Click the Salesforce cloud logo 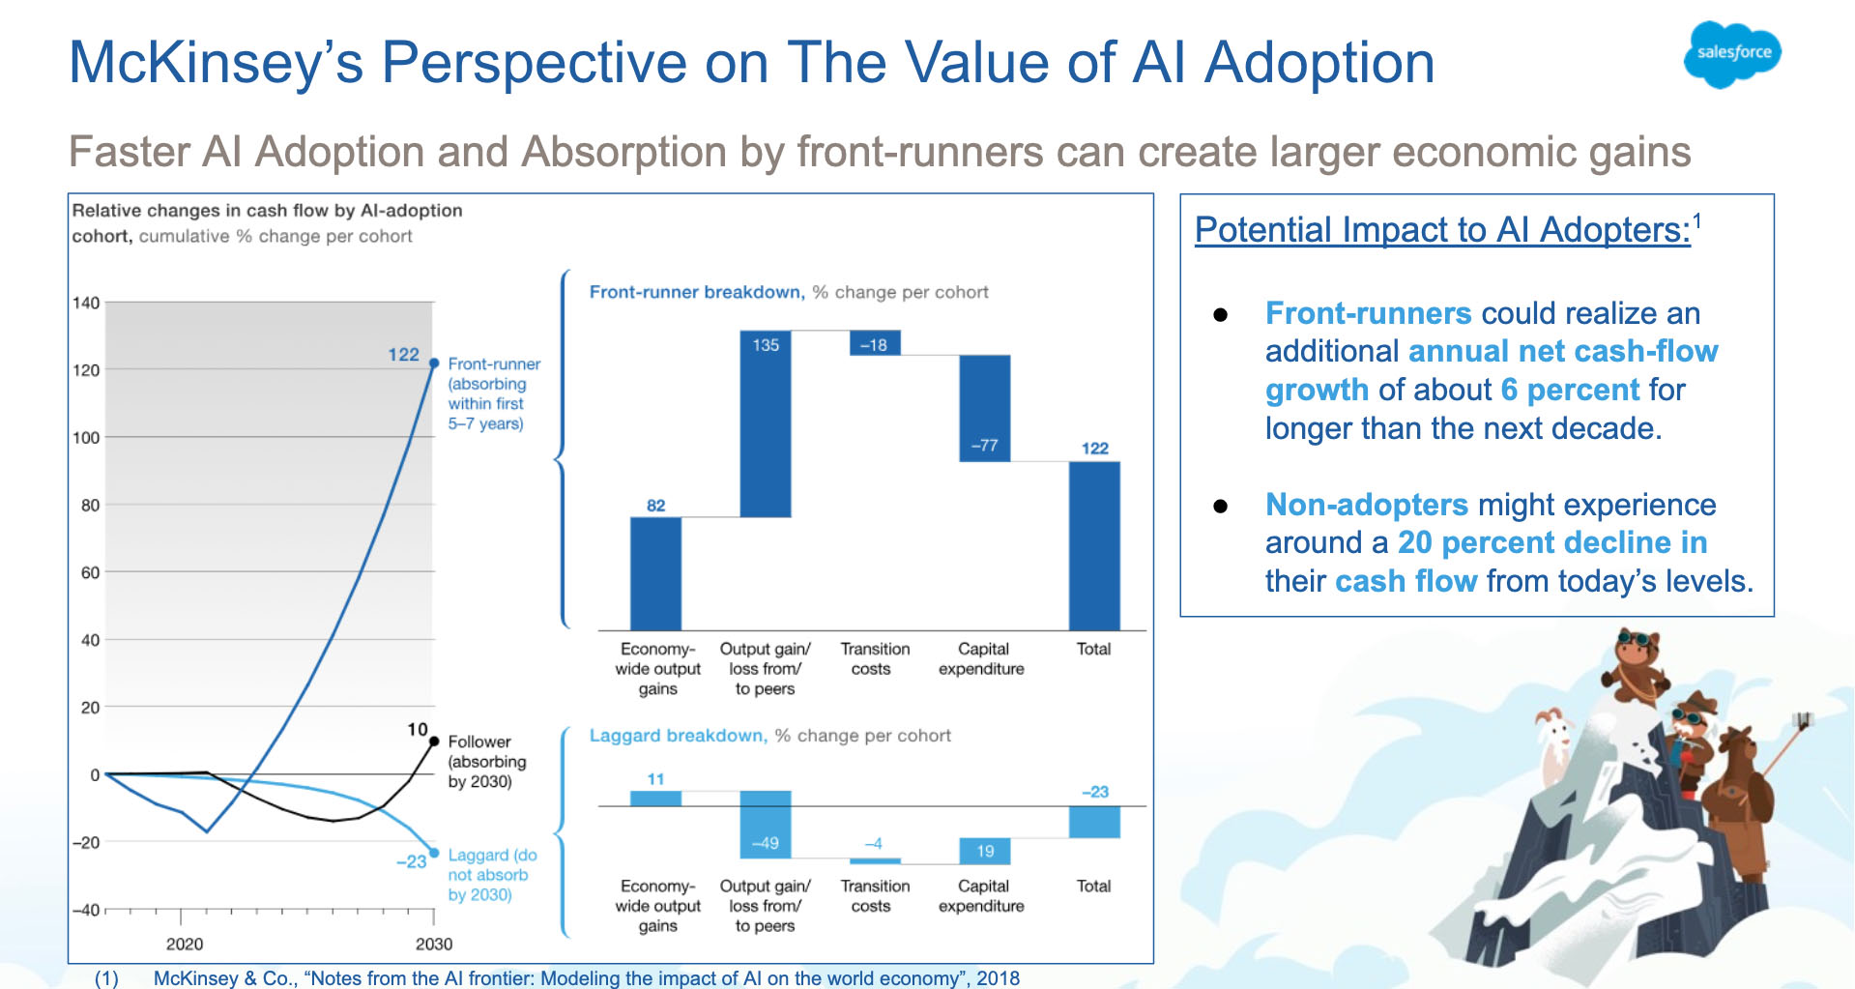pos(1733,54)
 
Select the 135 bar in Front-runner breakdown pos(766,425)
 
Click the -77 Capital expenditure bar pos(984,408)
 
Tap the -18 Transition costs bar pos(875,343)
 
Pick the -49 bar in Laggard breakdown pos(766,824)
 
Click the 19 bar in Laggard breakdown pos(984,851)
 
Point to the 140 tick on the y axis pos(86,303)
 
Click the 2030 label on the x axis pos(434,944)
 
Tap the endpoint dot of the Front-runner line pos(434,364)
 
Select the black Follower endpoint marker pos(434,742)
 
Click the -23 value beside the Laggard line pos(411,861)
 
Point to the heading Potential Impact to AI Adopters pos(1442,230)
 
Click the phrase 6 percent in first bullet pos(1570,390)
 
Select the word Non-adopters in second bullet pos(1366,505)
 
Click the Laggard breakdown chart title pos(678,736)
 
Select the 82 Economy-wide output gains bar pos(655,573)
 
